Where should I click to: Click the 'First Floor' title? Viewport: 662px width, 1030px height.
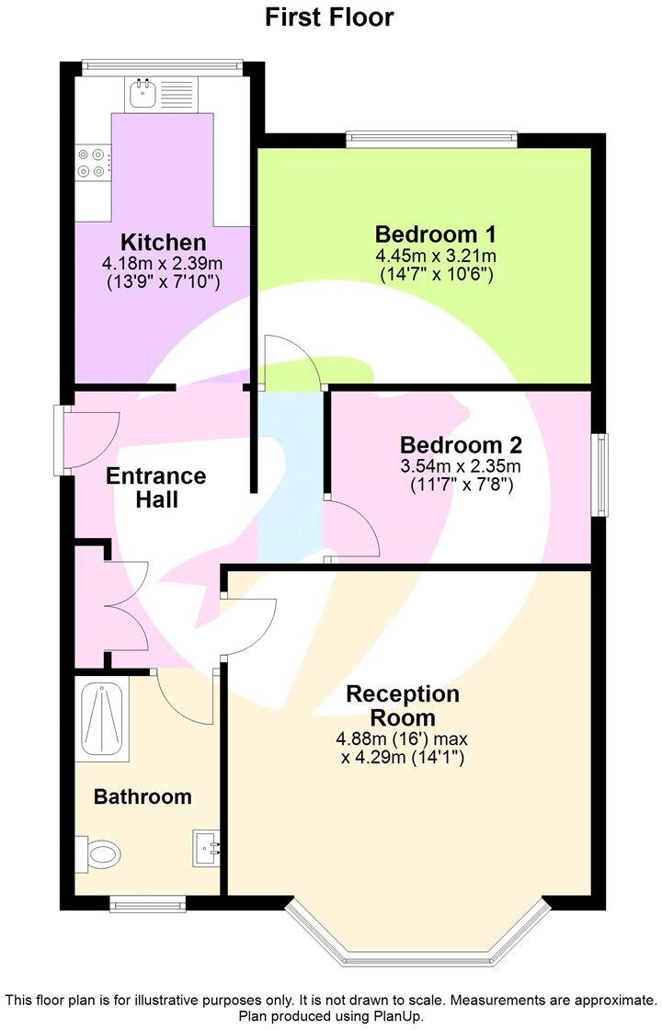point(329,17)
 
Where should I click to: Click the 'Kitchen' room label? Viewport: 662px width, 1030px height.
point(164,243)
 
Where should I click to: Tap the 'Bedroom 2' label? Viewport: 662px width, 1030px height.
point(462,446)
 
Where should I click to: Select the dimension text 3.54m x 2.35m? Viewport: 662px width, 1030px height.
point(462,467)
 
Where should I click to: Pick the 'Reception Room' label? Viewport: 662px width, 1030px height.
point(403,705)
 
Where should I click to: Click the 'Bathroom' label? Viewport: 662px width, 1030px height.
point(143,796)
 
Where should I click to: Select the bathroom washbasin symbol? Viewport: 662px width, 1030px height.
point(207,847)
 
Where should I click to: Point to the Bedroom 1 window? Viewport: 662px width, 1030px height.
point(431,139)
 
